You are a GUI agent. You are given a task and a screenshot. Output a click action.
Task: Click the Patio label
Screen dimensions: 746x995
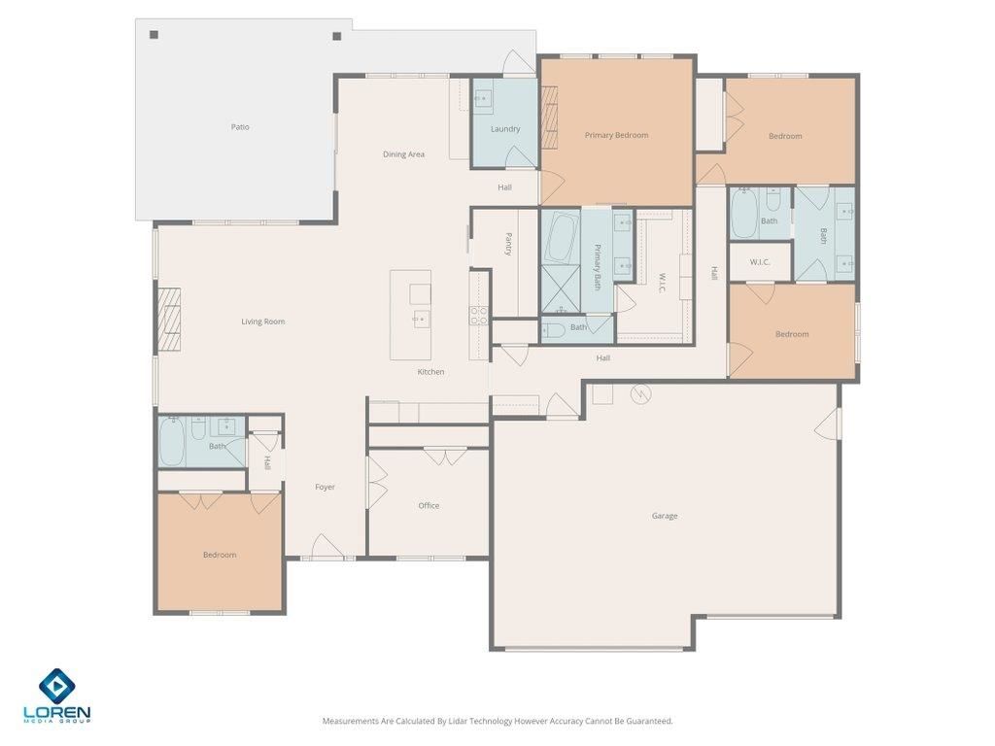click(240, 127)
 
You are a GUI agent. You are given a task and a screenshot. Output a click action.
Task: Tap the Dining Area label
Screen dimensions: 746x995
click(403, 154)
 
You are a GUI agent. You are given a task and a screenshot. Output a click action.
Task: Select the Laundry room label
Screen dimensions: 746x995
click(505, 129)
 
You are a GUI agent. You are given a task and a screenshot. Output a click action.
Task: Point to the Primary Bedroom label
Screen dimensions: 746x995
click(616, 135)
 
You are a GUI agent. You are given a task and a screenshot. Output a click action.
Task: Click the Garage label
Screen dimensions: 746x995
click(665, 516)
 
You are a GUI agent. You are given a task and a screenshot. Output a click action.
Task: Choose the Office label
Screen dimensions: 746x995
click(429, 506)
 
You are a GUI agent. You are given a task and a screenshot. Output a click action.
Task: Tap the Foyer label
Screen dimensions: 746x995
click(325, 488)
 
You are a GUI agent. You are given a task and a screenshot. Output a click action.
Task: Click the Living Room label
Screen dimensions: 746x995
click(263, 322)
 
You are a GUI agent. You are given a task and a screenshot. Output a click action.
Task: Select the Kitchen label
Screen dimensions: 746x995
click(430, 372)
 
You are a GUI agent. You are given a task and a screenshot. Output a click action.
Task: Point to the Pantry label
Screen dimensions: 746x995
click(508, 244)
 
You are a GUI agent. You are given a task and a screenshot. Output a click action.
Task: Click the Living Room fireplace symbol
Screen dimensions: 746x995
click(169, 319)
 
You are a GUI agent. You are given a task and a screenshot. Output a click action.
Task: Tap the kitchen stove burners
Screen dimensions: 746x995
click(479, 314)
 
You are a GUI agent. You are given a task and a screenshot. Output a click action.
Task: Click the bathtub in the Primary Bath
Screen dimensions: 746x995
click(561, 237)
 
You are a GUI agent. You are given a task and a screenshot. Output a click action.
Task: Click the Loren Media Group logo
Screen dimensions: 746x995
click(57, 695)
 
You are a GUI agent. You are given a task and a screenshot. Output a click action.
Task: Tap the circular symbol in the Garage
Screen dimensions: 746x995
click(639, 394)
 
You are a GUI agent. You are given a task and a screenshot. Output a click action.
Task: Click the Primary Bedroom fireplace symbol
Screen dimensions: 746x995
click(550, 118)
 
